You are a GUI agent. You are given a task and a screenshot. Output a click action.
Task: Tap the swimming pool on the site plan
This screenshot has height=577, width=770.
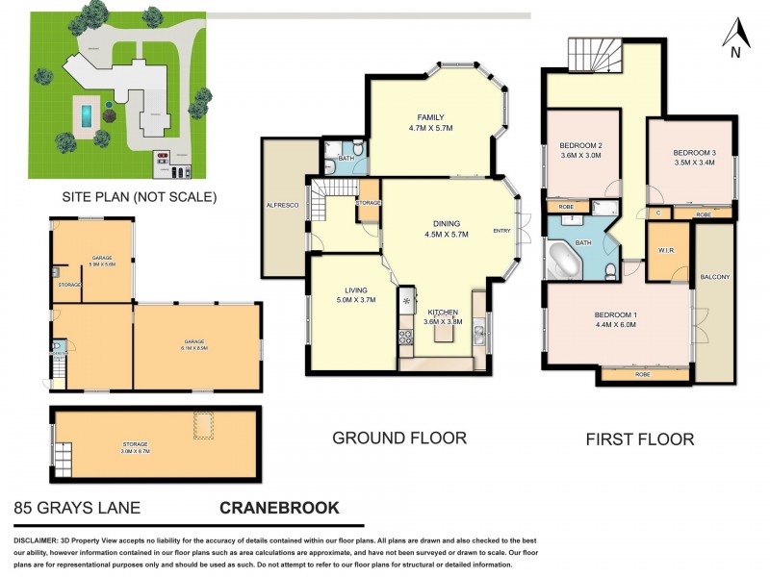tap(87, 115)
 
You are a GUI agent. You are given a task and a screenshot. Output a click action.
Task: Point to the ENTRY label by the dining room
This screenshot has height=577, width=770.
tap(502, 230)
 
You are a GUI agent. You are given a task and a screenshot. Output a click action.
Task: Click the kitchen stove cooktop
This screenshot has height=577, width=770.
tap(406, 336)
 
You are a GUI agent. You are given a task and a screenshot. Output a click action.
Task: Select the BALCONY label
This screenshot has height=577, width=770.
tap(716, 278)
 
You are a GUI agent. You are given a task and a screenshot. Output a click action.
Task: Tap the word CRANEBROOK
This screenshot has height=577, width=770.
tap(279, 508)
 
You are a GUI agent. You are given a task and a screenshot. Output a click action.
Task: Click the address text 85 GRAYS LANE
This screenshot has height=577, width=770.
tap(77, 508)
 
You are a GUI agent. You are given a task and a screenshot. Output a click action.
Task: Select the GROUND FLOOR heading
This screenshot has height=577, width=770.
tap(399, 439)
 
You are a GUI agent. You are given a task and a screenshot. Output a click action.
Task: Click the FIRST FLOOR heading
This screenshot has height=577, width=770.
tap(640, 439)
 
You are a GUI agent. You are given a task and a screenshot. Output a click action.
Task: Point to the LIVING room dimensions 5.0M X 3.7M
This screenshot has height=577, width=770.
tap(352, 300)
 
